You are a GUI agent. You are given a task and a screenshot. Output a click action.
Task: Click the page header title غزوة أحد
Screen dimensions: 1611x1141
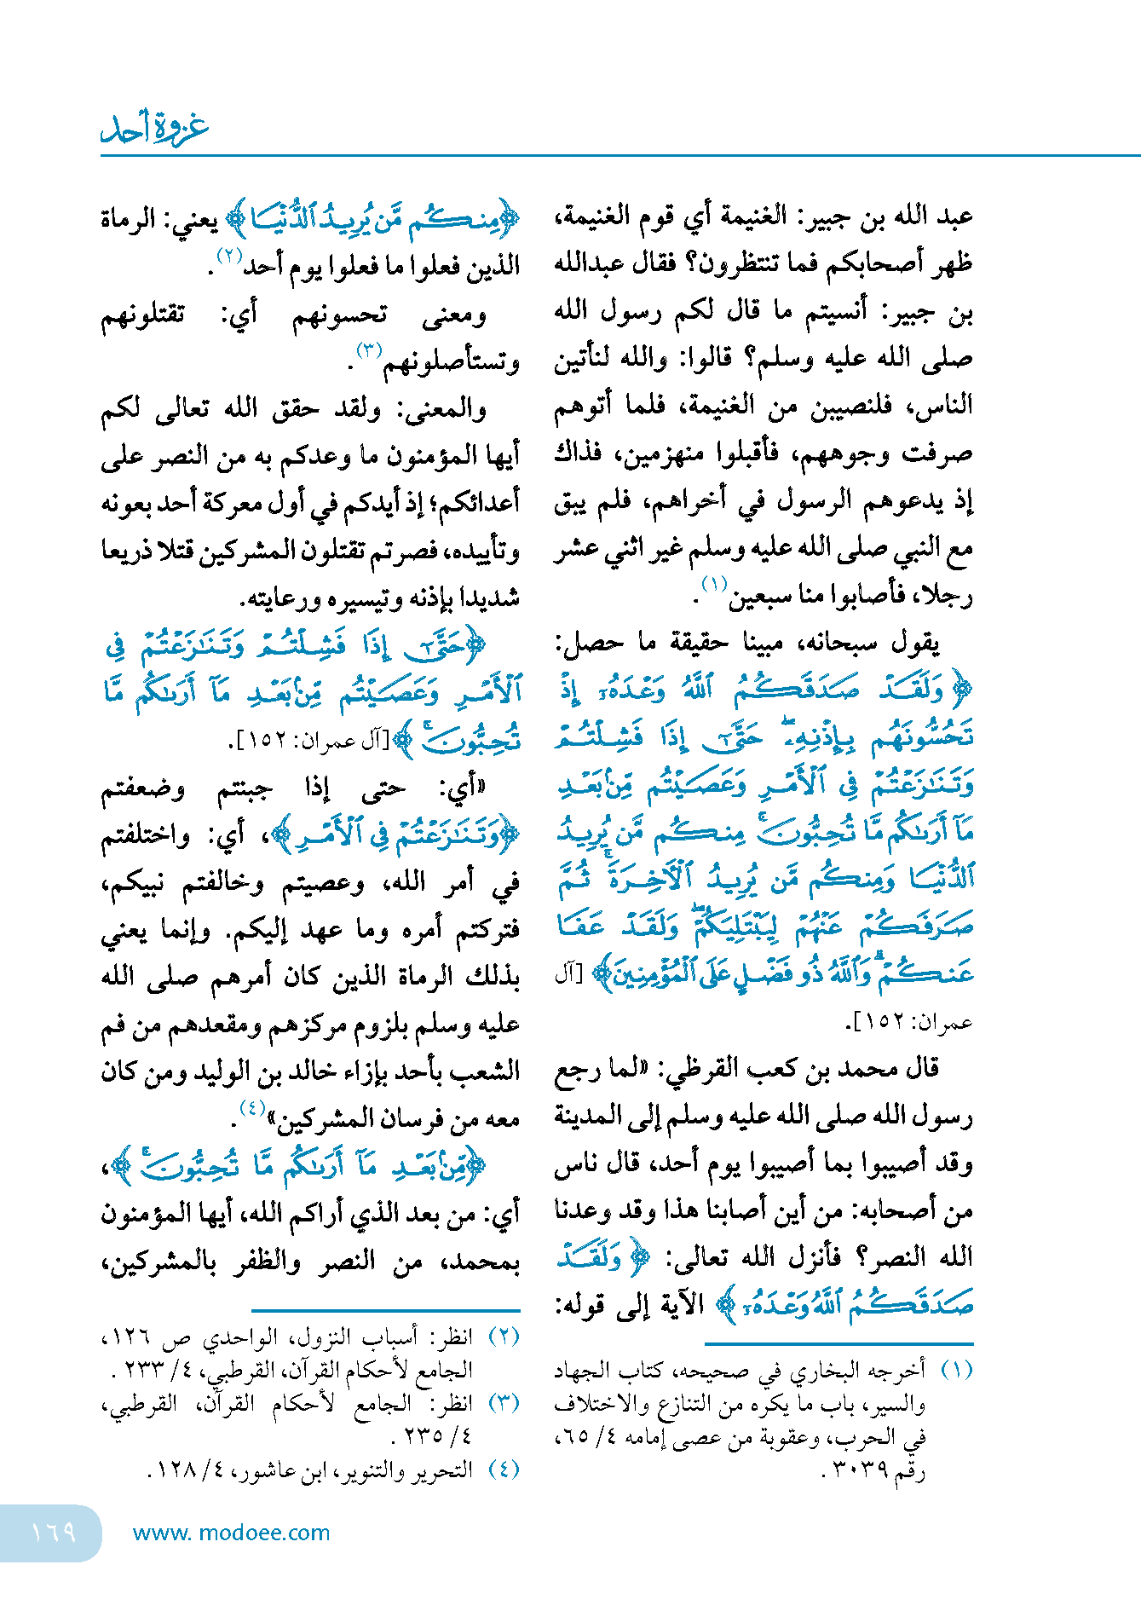pos(154,128)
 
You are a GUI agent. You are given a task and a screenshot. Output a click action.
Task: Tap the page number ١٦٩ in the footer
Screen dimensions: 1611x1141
pos(53,1532)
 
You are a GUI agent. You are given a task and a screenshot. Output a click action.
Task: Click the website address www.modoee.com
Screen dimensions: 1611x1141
pos(231,1533)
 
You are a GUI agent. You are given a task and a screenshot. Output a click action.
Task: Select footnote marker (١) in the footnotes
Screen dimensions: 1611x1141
pos(957,1370)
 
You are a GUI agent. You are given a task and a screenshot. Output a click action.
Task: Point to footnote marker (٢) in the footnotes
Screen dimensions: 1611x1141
pos(504,1337)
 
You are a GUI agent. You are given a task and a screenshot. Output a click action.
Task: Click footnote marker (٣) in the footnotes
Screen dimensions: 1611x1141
pos(504,1402)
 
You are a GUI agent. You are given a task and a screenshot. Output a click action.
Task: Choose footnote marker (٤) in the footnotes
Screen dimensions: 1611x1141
pos(504,1469)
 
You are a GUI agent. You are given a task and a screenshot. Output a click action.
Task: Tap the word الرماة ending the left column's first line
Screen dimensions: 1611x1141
pos(128,219)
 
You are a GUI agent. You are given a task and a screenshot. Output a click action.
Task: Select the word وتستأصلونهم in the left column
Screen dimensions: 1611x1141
pos(452,363)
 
